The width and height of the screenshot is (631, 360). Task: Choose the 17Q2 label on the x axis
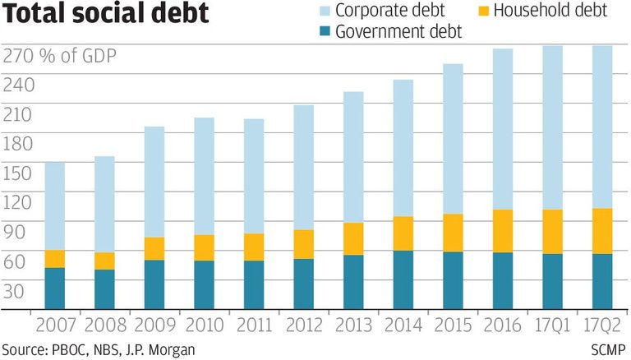(x=602, y=325)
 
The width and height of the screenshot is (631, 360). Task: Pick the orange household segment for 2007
(x=54, y=259)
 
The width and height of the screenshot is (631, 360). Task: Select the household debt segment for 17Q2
(x=602, y=231)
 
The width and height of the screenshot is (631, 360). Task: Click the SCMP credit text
(x=609, y=350)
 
